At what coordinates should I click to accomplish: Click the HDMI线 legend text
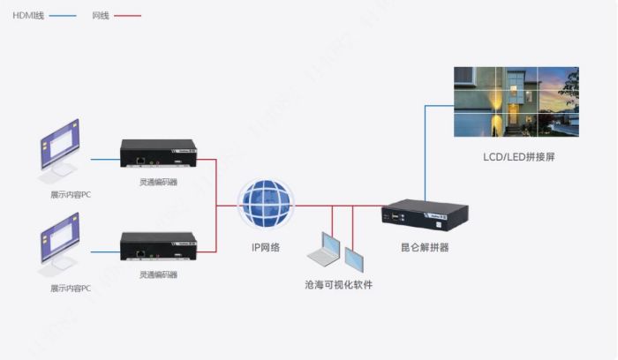click(29, 16)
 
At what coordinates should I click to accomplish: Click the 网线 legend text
click(101, 16)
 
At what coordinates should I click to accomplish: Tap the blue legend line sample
click(62, 16)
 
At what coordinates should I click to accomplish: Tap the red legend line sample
click(126, 16)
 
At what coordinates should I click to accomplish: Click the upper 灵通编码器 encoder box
click(158, 155)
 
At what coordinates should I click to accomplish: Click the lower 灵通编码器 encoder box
click(158, 248)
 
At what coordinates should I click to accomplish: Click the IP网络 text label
click(264, 247)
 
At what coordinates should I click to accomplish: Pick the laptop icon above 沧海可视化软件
click(324, 251)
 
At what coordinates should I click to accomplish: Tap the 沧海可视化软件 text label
click(338, 285)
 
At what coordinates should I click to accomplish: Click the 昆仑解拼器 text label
click(424, 247)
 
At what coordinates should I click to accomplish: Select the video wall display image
click(516, 102)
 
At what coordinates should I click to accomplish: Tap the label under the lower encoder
click(158, 274)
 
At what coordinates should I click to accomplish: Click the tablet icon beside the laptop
click(354, 258)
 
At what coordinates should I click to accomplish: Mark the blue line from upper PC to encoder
click(104, 160)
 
